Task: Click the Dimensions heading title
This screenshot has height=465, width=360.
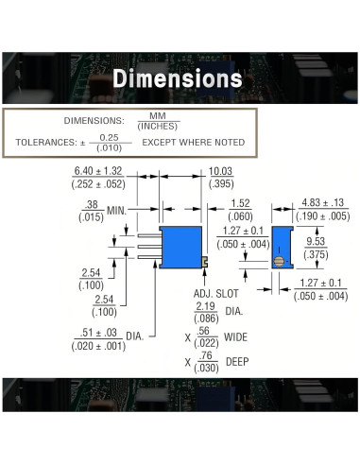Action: tap(178, 78)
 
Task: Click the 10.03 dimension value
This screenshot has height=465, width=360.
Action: tap(220, 171)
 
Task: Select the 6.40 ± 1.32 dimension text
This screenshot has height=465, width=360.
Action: tap(98, 171)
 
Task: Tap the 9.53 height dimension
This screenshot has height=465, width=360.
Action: tap(316, 241)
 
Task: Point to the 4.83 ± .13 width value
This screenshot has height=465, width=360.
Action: tap(323, 202)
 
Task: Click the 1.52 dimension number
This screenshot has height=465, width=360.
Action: tap(240, 203)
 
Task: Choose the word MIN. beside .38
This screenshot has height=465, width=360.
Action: tap(116, 211)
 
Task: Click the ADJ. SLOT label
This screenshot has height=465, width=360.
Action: tap(215, 294)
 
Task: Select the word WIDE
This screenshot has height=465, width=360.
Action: tap(235, 337)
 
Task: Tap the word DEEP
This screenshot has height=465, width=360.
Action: tap(237, 362)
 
